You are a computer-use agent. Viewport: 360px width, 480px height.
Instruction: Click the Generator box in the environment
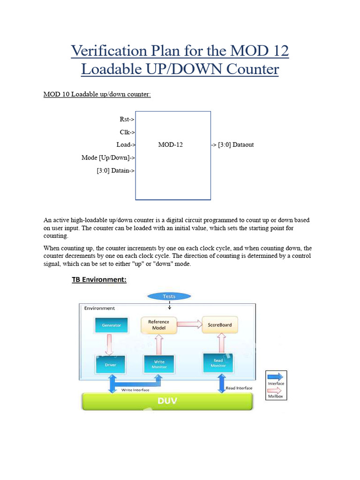pos(111,325)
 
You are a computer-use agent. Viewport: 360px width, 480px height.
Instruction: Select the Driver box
pos(111,365)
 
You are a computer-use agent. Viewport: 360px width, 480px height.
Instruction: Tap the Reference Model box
pos(159,325)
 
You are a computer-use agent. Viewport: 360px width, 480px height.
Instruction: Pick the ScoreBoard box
pos(217,325)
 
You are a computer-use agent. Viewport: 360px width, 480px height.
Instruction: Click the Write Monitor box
pos(159,364)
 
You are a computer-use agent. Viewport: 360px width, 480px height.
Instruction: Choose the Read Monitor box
pos(218,363)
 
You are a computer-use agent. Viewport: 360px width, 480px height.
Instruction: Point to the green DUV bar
pos(167,401)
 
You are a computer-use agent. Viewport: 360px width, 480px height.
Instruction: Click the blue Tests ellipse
pos(169,296)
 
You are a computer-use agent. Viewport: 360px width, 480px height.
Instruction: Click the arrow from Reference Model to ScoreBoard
pos(189,323)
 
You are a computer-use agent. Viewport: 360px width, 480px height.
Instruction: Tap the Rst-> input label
pos(127,120)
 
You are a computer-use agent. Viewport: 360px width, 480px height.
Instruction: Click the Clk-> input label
pos(127,132)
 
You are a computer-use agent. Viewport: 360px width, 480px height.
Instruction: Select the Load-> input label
pos(126,145)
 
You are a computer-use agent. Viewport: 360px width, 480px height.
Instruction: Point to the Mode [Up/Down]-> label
pos(108,158)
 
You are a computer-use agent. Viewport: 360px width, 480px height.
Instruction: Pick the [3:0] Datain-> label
pos(116,171)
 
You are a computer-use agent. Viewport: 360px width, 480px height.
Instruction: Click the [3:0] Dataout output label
pos(233,145)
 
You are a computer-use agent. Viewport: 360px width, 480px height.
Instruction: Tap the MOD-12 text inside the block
pos(171,145)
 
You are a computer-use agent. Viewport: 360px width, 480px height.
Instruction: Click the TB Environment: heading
pos(99,280)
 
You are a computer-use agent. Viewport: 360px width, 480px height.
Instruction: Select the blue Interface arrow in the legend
pos(276,376)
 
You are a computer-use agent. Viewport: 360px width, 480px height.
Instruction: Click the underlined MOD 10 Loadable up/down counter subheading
pos(97,94)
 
